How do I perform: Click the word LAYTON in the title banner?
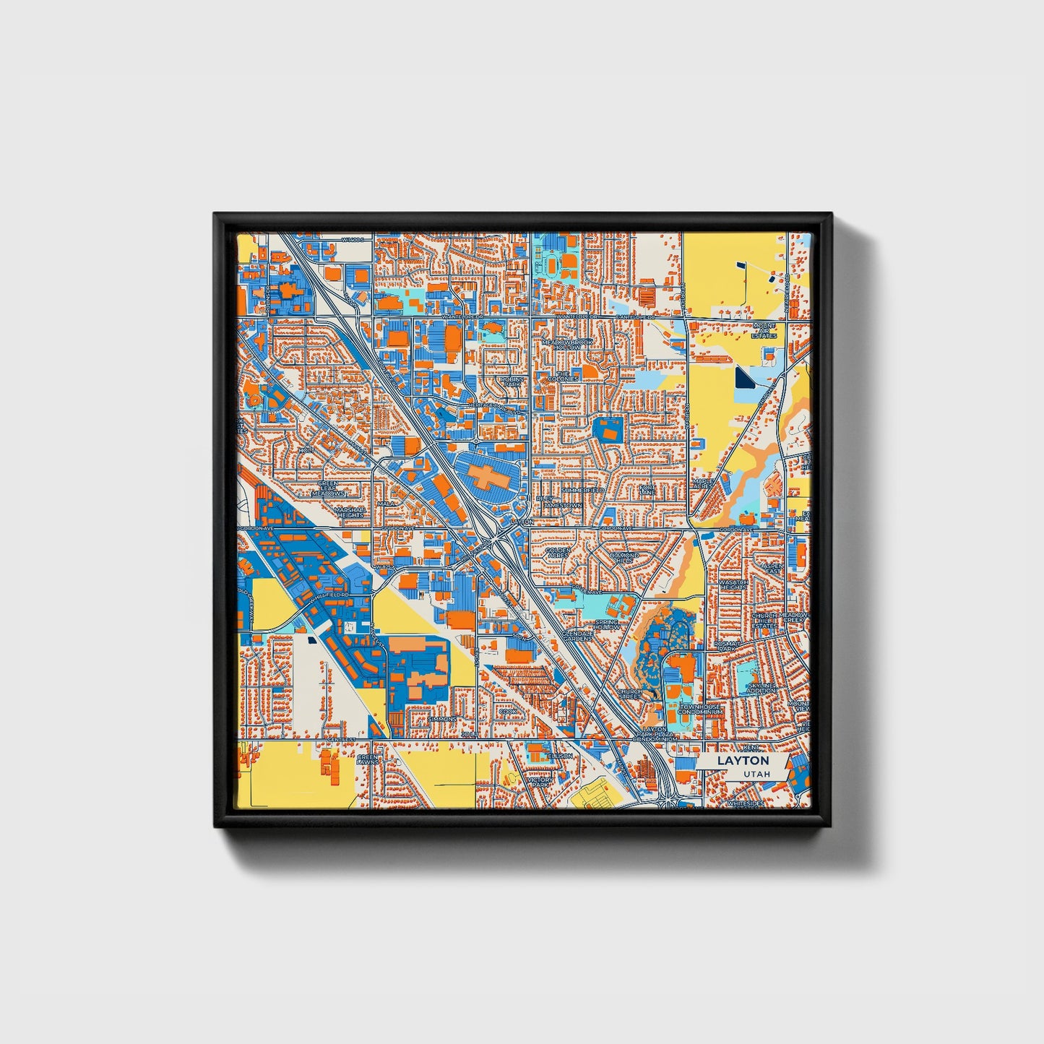743,761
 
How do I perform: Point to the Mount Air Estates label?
764,330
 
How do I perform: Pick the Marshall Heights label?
350,512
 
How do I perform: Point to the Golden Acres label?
556,553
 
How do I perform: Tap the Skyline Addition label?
762,687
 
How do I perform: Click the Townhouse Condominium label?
700,709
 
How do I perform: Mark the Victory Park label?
540,782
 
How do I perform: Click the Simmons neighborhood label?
441,720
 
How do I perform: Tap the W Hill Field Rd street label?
329,598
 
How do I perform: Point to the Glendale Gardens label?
577,635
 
